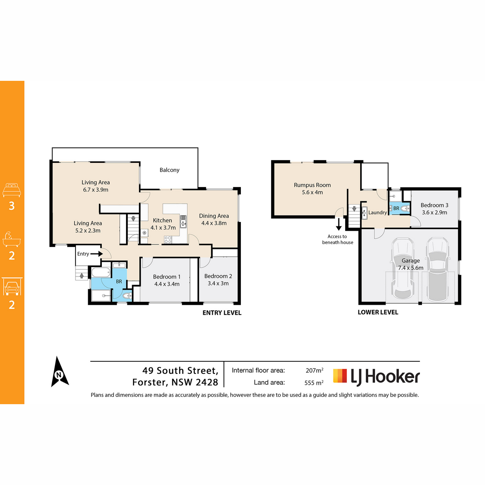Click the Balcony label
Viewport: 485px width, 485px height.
pos(169,170)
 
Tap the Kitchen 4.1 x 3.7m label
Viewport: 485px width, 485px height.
pos(163,224)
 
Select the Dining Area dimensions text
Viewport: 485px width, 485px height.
pos(214,223)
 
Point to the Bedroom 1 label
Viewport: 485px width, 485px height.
pos(167,277)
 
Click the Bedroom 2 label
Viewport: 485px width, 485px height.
pos(218,276)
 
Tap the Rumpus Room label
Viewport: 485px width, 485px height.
pos(312,185)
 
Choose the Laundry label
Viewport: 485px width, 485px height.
pos(377,213)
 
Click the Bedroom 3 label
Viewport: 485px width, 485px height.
pos(434,205)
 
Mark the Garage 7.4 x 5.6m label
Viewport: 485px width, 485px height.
pos(411,264)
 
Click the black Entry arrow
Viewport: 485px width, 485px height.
pos(97,254)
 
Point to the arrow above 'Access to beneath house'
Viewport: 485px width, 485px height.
pos(339,224)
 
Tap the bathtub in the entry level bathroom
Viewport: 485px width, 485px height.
pos(101,272)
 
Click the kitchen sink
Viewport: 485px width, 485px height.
pos(183,221)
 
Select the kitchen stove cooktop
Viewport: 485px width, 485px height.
pos(168,240)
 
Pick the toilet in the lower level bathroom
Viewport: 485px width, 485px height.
pos(405,209)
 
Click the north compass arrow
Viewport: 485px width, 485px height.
pos(59,372)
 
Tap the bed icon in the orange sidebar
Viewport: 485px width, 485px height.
pos(12,190)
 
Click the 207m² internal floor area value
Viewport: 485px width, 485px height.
pos(314,370)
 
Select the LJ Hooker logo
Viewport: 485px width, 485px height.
pos(376,377)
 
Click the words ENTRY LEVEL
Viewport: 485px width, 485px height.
pos(222,313)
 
